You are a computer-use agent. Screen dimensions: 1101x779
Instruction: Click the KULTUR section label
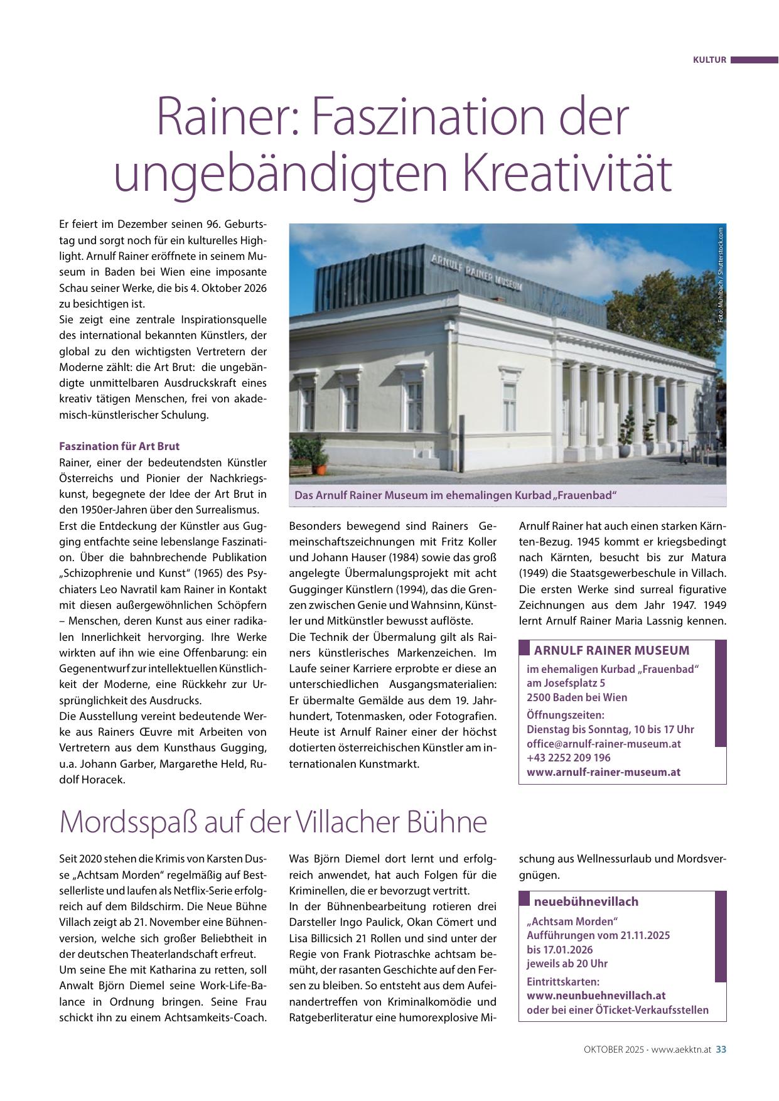point(709,60)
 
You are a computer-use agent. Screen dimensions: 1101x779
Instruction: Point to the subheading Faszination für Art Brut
point(119,446)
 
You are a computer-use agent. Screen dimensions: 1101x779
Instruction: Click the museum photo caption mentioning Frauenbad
point(456,495)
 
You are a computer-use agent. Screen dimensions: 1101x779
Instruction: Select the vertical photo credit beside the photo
point(721,274)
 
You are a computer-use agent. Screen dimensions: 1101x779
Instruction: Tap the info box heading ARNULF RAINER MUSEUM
point(611,650)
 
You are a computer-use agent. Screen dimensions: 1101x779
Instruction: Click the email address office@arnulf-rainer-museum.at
point(604,743)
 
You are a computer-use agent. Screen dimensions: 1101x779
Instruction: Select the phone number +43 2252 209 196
point(569,758)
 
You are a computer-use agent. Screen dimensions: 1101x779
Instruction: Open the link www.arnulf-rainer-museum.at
point(603,772)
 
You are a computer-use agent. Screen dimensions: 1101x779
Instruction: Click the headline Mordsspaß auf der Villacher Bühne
point(273,822)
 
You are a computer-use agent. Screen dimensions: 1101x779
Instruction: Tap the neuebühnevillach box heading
point(586,901)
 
